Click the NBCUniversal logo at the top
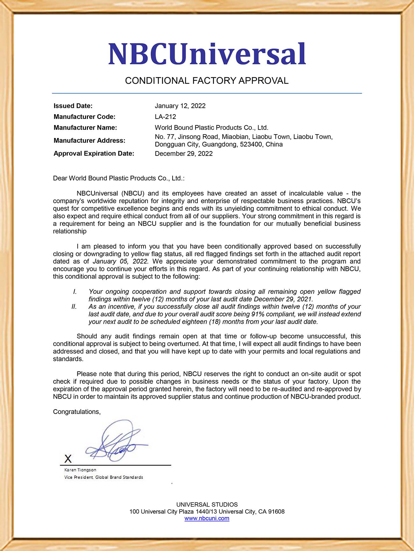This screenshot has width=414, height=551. tap(207, 54)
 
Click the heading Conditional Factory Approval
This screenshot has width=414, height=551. tap(207, 81)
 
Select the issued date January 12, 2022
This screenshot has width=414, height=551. tap(180, 106)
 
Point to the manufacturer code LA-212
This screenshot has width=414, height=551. tap(165, 117)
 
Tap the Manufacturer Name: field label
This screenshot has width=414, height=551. tap(85, 127)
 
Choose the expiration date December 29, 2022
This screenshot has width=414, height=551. tap(183, 154)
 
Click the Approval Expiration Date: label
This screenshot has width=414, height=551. tap(94, 154)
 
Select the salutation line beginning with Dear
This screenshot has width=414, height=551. tap(118, 178)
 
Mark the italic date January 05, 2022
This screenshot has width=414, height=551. tap(120, 261)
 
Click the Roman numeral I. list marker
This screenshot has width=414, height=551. tap(75, 292)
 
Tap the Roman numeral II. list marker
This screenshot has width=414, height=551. tap(74, 306)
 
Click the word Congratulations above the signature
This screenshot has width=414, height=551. tap(76, 412)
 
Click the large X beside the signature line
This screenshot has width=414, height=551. tap(68, 459)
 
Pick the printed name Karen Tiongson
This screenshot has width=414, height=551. tap(80, 470)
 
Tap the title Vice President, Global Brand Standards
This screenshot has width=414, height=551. tap(103, 477)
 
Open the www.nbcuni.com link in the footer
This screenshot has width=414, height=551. tap(207, 519)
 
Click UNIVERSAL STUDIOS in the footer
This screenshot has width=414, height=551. tap(207, 505)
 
